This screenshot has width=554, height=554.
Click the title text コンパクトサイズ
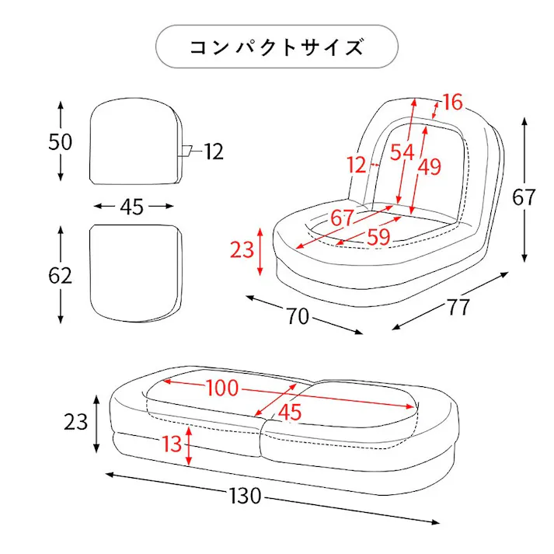point(277,47)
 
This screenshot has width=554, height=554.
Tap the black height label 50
point(60,142)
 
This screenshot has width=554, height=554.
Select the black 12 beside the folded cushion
point(214,152)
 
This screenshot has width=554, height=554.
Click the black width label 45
point(132,207)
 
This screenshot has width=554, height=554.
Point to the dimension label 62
point(60,275)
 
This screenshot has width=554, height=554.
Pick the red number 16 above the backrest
point(452,102)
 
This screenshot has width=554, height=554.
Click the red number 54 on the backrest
point(402,152)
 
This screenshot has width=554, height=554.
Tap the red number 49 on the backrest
point(430,166)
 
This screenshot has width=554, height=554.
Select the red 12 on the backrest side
point(356,165)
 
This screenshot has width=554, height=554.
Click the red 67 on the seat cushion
point(342,218)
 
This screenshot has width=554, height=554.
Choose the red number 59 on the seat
point(378,237)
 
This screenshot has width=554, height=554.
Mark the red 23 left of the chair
point(242,250)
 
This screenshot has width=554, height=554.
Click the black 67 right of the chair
point(524,197)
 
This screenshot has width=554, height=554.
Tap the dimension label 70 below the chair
point(297,316)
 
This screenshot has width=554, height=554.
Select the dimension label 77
point(458,307)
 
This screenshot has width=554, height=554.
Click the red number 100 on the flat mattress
point(222,388)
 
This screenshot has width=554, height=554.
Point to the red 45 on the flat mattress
point(289,413)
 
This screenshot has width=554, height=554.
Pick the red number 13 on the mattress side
point(172,444)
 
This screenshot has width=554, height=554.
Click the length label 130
point(246,496)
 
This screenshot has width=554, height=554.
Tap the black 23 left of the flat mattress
point(75,422)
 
